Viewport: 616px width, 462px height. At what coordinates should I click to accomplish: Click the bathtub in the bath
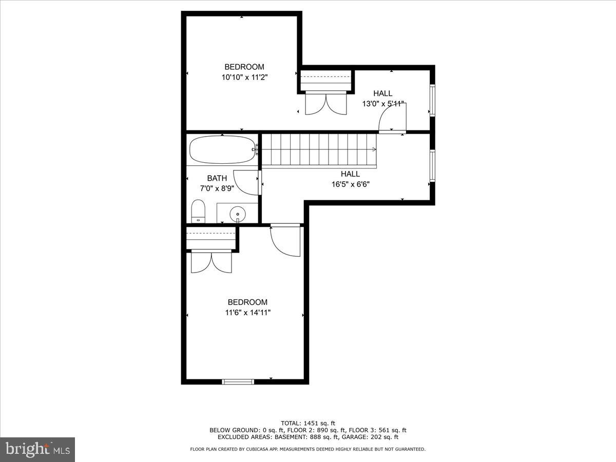[222, 150]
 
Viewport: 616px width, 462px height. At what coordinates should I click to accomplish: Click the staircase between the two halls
[318, 150]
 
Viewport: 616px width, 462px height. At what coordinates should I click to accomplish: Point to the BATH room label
[217, 178]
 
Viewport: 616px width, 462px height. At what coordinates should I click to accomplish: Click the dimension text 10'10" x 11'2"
[245, 77]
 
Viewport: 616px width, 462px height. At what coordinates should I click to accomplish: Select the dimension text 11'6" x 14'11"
[247, 312]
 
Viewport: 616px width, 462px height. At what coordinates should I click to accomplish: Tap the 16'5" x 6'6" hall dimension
[350, 184]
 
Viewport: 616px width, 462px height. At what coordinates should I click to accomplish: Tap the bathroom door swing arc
[247, 182]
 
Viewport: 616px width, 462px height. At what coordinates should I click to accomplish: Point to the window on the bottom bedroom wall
[238, 381]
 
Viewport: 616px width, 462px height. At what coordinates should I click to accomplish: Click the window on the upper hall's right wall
[432, 100]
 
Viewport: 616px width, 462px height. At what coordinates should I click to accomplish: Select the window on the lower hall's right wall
[432, 166]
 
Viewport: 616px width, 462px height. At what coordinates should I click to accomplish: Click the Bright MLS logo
[37, 449]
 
